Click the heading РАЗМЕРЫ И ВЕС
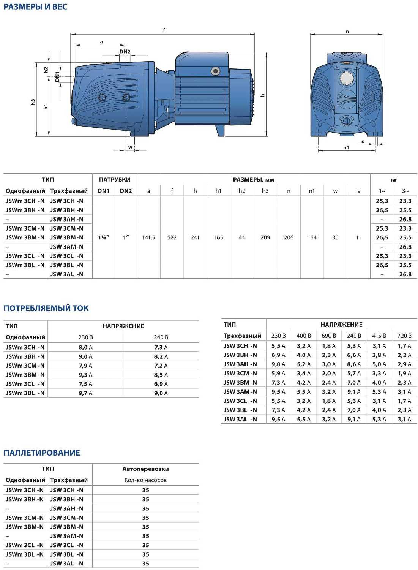[35, 7]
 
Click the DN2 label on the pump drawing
[125, 52]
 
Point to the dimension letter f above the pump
[164, 30]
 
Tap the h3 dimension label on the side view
[33, 102]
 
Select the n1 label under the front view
[346, 147]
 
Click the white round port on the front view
[346, 78]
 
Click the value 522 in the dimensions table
[172, 237]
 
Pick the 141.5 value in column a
[148, 237]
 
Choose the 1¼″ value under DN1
[104, 237]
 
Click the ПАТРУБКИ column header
[114, 180]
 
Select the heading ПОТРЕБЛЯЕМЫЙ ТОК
[46, 308]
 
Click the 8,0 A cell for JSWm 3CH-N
[85, 347]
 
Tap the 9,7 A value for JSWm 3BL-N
[85, 393]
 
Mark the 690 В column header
[329, 336]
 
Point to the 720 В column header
[404, 336]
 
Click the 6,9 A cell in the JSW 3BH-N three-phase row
[278, 355]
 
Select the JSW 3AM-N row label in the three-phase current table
[240, 392]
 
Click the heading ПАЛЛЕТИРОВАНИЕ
[42, 453]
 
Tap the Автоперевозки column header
[145, 469]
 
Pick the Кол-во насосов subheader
[145, 480]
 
